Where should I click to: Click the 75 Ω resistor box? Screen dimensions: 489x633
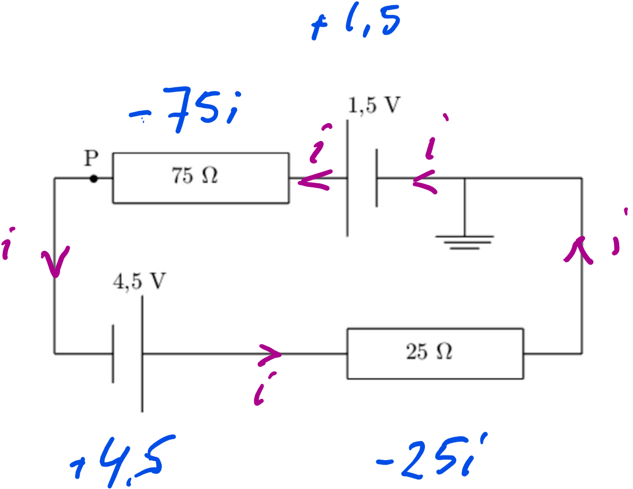tap(201, 177)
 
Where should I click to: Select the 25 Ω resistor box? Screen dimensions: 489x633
tap(435, 353)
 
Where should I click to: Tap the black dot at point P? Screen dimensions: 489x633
tap(94, 179)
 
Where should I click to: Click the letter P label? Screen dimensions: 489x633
tap(91, 158)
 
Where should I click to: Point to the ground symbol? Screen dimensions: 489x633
tap(465, 241)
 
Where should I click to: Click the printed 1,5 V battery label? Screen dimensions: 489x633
tap(374, 105)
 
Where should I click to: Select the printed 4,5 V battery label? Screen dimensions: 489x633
tap(139, 281)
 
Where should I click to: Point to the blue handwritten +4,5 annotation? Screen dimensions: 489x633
tap(122, 460)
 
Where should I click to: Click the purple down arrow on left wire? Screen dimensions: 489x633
tap(56, 261)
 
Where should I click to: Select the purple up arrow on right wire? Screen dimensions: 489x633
tap(579, 252)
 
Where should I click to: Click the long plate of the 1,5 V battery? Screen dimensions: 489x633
tap(347, 178)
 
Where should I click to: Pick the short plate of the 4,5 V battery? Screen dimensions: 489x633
tap(113, 353)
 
